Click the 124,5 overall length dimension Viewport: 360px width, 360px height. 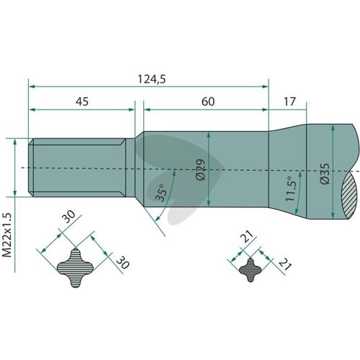152,79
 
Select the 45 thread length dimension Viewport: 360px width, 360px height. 82,102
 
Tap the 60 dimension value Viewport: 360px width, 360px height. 208,102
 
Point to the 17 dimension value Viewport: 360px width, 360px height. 289,102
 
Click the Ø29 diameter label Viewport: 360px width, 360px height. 201,169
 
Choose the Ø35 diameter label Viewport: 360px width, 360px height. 325,174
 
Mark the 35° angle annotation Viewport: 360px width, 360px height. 161,193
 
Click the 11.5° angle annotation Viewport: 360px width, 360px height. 290,189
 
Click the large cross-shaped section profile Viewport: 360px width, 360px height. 75,268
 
